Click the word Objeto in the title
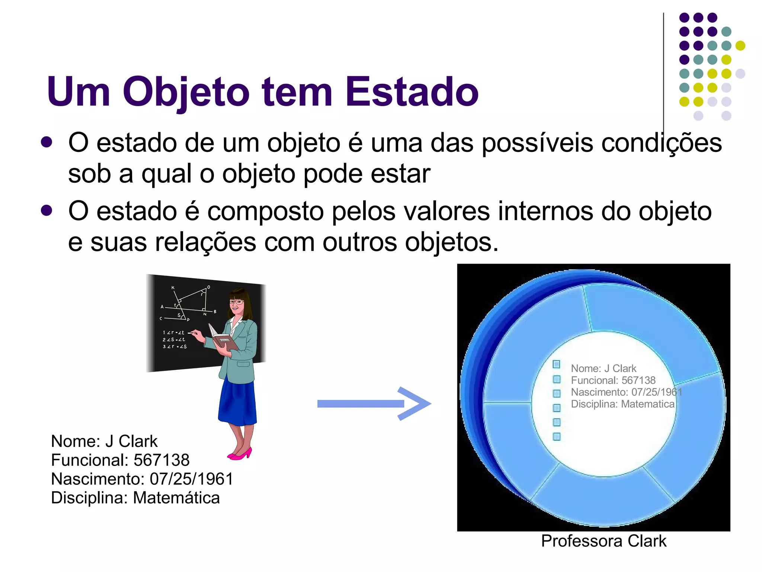point(186,92)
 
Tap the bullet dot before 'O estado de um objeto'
point(47,142)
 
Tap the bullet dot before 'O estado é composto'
point(47,211)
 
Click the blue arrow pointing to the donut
point(374,404)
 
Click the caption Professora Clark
point(603,541)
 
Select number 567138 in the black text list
point(161,460)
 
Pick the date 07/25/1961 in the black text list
point(191,479)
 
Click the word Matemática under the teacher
point(176,498)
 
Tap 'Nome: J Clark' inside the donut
point(603,368)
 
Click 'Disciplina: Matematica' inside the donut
point(622,404)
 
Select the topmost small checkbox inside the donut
point(557,364)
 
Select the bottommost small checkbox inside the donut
point(557,436)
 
